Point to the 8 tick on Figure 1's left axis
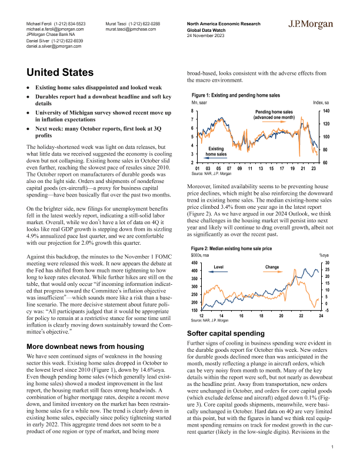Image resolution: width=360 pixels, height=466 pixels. click(x=194, y=111)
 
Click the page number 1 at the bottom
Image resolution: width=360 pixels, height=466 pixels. click(x=333, y=448)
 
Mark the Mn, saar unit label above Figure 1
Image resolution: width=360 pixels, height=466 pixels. click(x=200, y=103)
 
